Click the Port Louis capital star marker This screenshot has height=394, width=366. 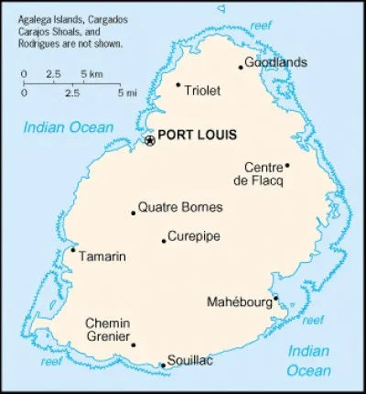150,140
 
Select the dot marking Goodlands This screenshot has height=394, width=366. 241,66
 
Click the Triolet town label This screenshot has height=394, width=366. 203,90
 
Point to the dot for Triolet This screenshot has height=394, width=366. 178,84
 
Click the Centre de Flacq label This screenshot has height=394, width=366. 264,173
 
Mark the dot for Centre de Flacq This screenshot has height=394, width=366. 287,166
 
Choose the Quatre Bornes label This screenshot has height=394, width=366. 179,207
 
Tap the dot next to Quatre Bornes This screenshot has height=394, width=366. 134,213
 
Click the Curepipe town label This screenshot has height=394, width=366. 194,235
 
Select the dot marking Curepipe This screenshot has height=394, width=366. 164,241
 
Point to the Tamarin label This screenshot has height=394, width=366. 102,257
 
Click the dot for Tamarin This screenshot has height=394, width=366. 73,249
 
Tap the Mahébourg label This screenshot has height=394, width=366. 240,301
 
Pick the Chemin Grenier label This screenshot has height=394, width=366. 107,331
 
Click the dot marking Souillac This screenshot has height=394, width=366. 163,366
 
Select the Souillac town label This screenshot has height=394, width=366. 191,361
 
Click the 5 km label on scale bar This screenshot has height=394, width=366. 91,72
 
